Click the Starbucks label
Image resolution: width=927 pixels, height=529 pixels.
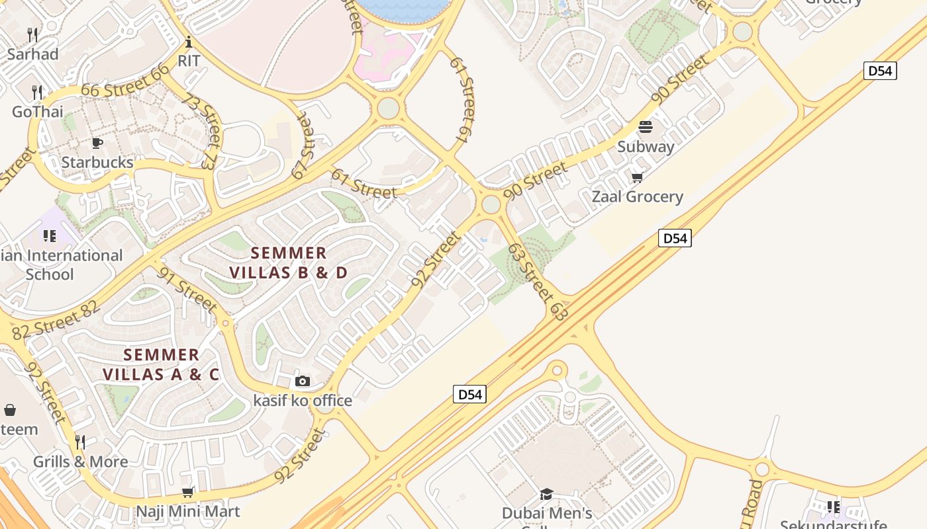point(97,162)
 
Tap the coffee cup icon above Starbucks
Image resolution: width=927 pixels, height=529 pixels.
point(97,143)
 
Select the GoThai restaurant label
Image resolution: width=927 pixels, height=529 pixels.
point(38,112)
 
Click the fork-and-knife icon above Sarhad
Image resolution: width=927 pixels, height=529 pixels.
point(32,34)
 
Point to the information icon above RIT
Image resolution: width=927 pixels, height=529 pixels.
point(189,42)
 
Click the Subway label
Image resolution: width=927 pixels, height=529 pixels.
point(646,146)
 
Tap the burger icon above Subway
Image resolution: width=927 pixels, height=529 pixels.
point(646,127)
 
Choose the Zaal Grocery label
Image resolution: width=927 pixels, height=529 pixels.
point(637,196)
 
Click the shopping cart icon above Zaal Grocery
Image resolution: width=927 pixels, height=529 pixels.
point(637,177)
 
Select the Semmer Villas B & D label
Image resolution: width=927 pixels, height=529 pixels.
point(289,263)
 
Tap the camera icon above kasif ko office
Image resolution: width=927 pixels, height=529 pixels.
point(303,381)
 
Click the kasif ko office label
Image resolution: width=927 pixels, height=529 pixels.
point(303,401)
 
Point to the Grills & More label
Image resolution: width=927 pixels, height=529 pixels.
point(81,462)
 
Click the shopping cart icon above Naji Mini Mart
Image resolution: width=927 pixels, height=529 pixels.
point(188,492)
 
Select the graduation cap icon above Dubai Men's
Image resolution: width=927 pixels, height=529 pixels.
point(546,494)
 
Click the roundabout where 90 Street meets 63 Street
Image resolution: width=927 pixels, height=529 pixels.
point(491,204)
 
